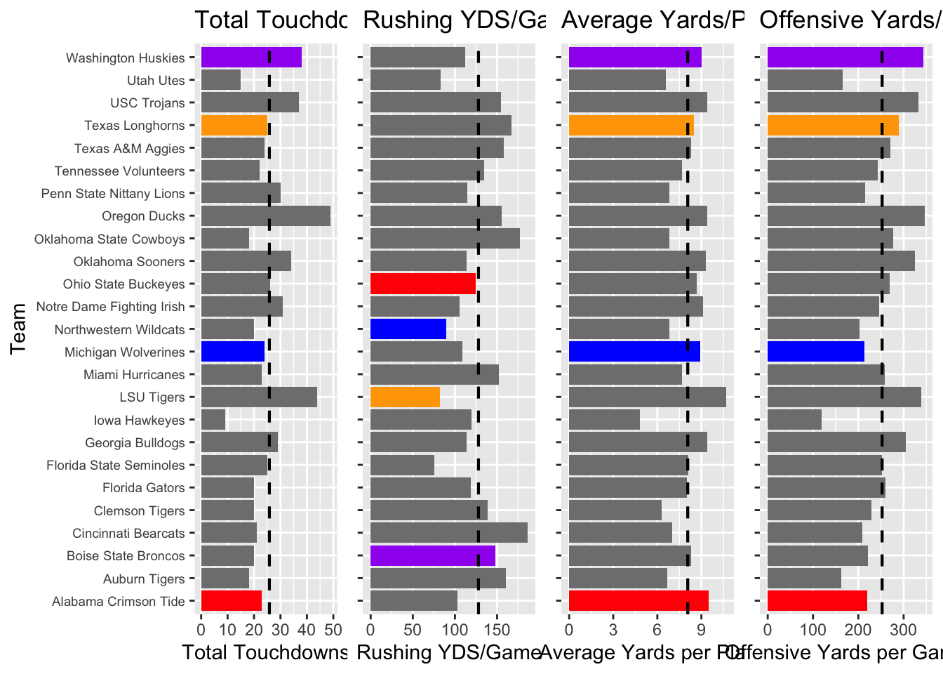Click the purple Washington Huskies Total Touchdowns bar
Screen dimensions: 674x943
pyautogui.click(x=251, y=58)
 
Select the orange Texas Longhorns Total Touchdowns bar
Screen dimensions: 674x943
pyautogui.click(x=234, y=126)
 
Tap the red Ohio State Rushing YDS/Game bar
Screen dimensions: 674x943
pyautogui.click(x=422, y=284)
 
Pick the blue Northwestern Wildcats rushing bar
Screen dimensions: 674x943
pyautogui.click(x=408, y=329)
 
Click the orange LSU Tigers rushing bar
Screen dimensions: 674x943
pyautogui.click(x=405, y=397)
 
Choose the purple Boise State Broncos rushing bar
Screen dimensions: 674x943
pyautogui.click(x=432, y=555)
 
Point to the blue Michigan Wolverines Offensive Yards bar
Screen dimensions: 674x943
pyautogui.click(x=815, y=352)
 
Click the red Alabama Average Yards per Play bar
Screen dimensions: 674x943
pyautogui.click(x=638, y=601)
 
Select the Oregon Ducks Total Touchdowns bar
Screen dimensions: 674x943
pyautogui.click(x=265, y=216)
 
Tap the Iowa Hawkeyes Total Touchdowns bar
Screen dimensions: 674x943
pyautogui.click(x=213, y=420)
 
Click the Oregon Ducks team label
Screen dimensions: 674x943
pyautogui.click(x=143, y=216)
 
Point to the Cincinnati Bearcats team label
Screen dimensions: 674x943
pyautogui.click(x=128, y=534)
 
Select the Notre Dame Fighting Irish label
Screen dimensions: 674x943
pyautogui.click(x=110, y=307)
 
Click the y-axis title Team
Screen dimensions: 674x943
pyautogui.click(x=19, y=329)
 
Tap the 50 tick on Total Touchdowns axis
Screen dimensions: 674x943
pyautogui.click(x=333, y=626)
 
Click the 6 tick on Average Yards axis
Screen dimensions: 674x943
pyautogui.click(x=657, y=626)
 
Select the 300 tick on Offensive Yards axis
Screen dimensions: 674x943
pyautogui.click(x=903, y=626)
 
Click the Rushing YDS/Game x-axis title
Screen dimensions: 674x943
pyautogui.click(x=449, y=652)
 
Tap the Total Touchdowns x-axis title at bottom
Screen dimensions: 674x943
pyautogui.click(x=265, y=652)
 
